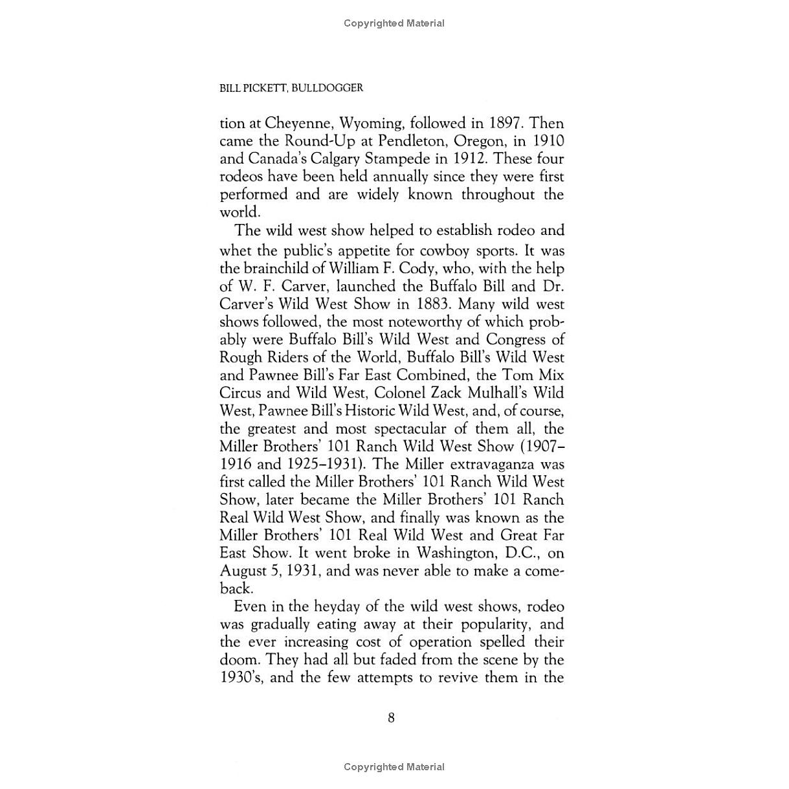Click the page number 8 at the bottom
click(x=391, y=717)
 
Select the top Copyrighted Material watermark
click(x=394, y=23)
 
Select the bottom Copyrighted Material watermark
click(x=394, y=767)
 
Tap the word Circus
click(x=240, y=393)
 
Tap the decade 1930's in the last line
click(x=241, y=678)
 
